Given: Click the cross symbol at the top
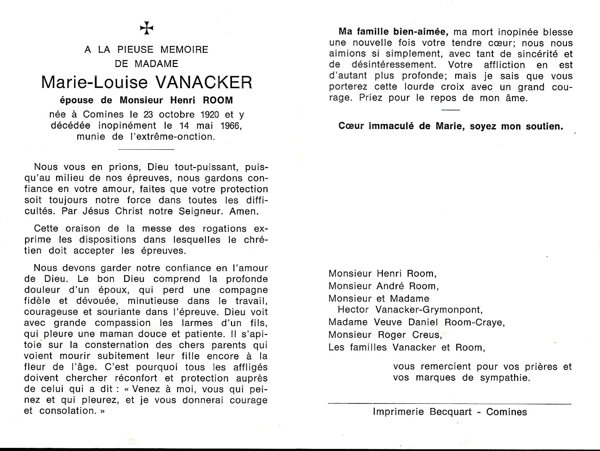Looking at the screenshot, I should click(x=147, y=28).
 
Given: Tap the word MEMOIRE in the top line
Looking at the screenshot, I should click(x=184, y=50).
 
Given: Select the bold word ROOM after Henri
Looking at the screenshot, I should click(x=218, y=100).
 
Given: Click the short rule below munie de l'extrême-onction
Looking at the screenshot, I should click(x=146, y=149).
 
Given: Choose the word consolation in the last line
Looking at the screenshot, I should click(x=67, y=411).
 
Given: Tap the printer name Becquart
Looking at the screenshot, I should click(x=451, y=412).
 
